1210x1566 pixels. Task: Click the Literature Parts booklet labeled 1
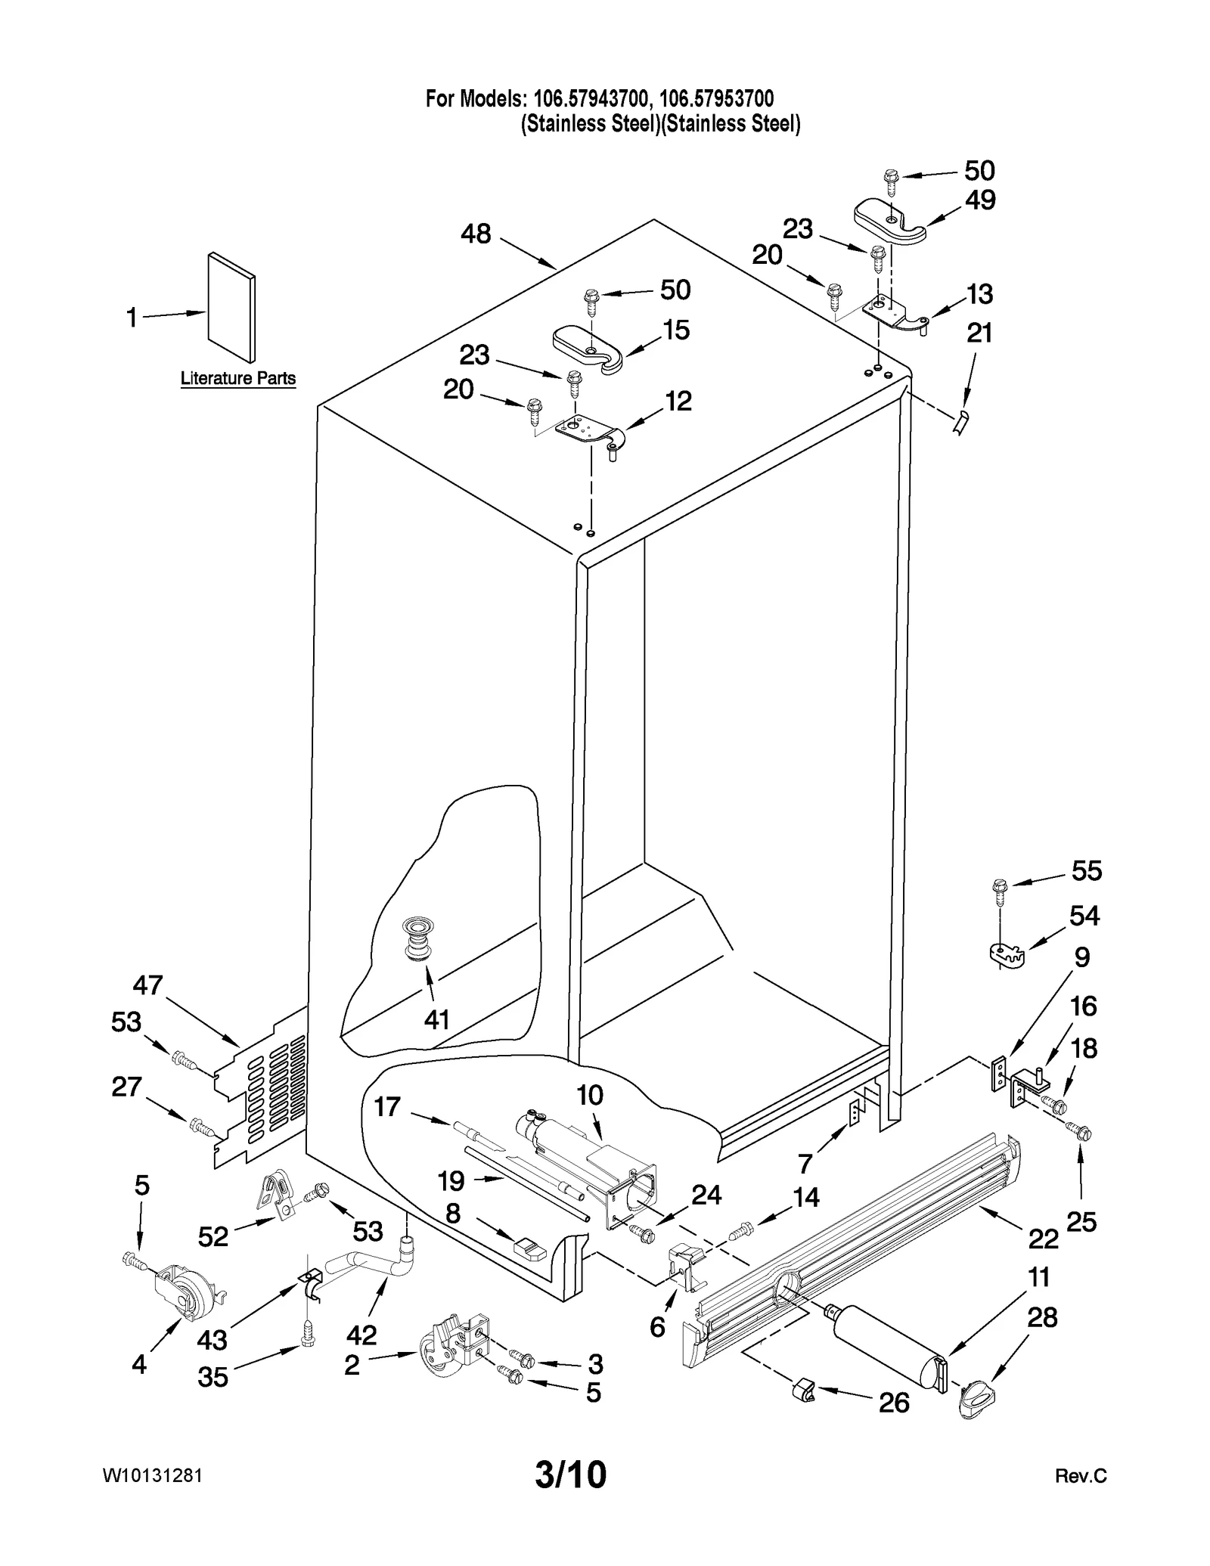[x=231, y=307]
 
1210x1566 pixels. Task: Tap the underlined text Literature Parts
[x=238, y=378]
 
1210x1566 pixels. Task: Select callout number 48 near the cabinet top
[x=476, y=234]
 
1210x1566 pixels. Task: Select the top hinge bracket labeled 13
[x=895, y=312]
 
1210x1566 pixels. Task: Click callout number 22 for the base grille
[x=1044, y=1239]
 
